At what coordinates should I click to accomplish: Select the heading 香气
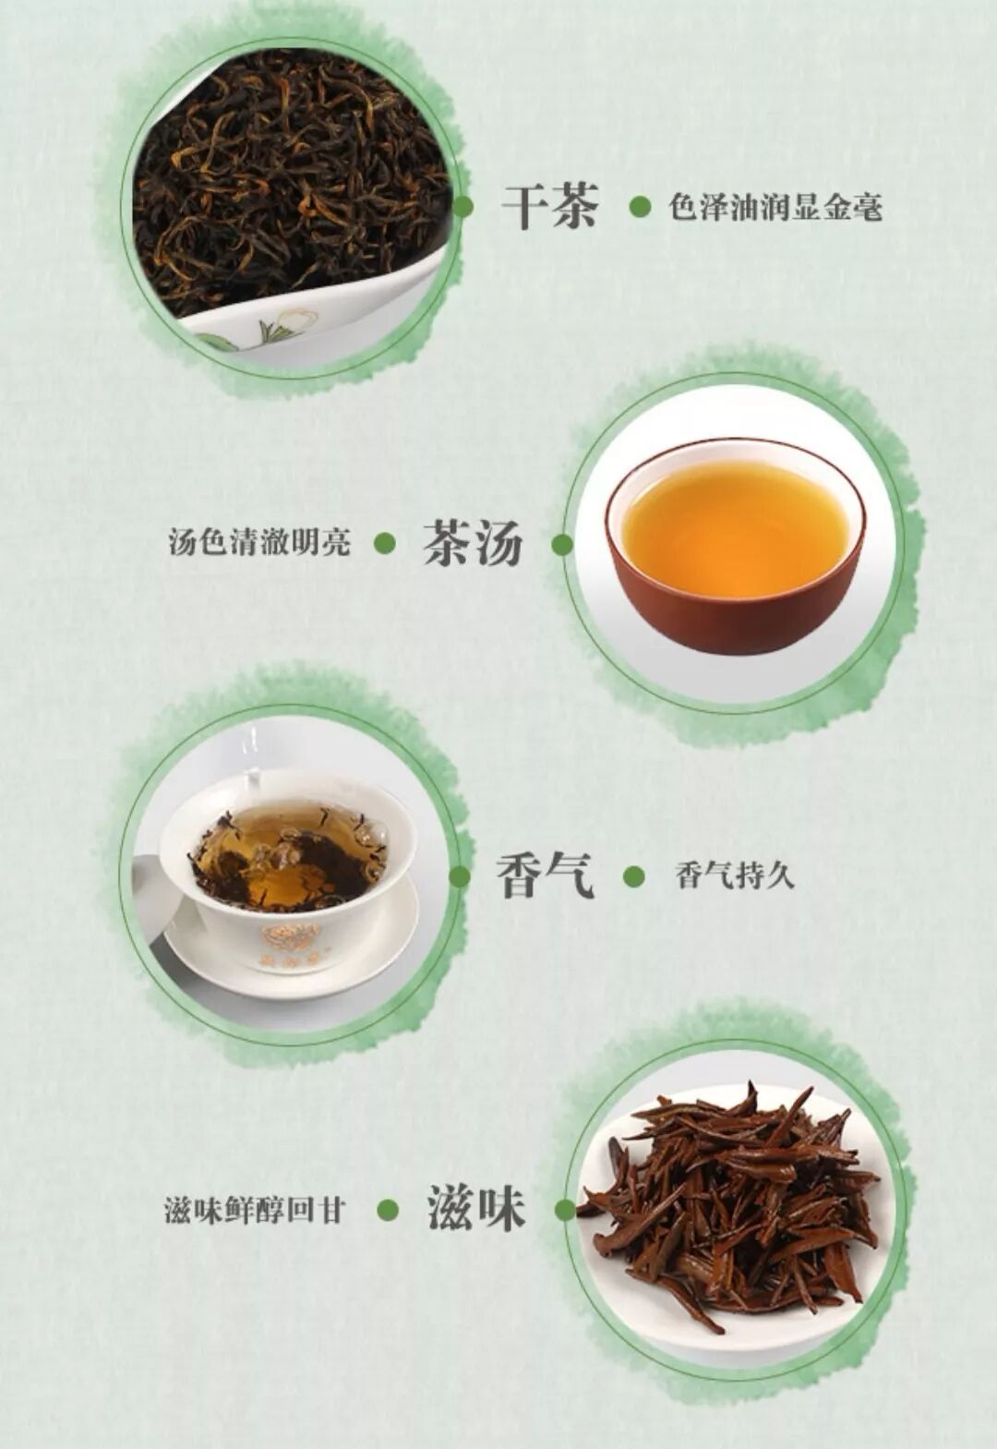544,875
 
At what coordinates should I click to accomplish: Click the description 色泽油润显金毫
775,208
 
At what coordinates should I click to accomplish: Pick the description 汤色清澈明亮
259,542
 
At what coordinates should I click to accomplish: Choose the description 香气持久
735,876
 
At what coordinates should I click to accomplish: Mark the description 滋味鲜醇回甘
254,1210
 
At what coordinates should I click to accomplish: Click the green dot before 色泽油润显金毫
640,207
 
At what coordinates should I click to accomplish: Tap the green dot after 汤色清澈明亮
385,543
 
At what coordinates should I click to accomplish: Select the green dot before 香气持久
634,876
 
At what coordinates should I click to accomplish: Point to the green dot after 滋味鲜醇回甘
388,1210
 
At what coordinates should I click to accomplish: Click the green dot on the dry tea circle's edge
462,207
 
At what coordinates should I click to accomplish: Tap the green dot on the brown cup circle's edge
562,544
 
